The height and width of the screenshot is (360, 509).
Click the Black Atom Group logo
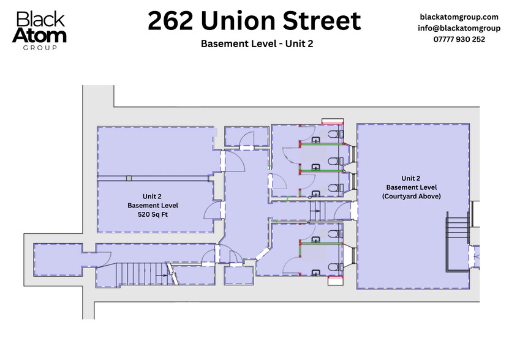click(41, 31)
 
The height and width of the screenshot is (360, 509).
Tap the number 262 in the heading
click(171, 21)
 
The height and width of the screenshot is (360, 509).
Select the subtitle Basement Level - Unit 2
click(254, 44)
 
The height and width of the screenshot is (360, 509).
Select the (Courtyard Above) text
click(411, 196)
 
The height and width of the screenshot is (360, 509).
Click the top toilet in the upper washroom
click(334, 134)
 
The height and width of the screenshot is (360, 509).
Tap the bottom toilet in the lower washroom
click(334, 266)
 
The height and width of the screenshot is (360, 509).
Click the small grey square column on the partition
click(129, 178)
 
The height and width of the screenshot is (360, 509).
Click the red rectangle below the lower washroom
click(335, 281)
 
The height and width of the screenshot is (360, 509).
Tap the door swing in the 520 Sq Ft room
click(212, 211)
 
